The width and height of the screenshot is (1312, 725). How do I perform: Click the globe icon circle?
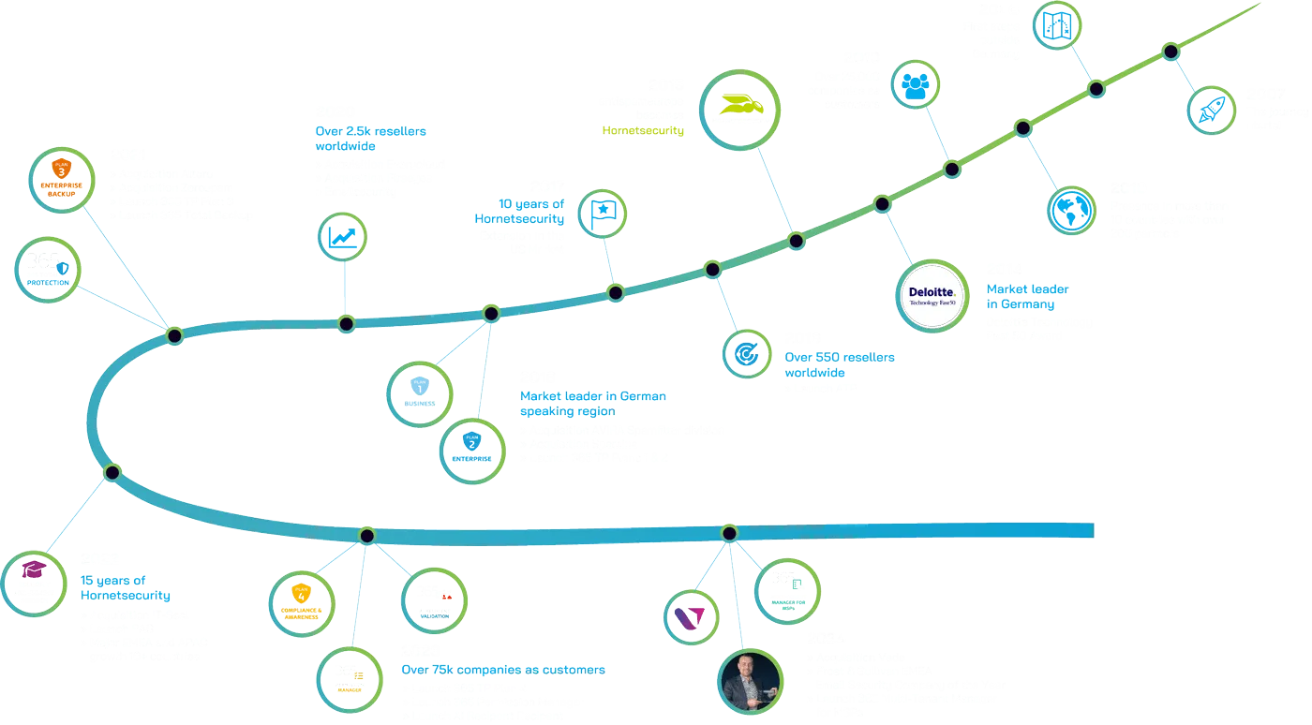tap(1070, 210)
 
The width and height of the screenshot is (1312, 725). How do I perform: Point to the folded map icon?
tap(1059, 25)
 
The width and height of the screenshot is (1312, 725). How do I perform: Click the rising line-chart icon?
tap(343, 235)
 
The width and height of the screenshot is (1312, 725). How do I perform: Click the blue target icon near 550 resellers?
tap(747, 353)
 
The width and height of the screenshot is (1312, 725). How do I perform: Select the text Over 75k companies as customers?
tap(503, 670)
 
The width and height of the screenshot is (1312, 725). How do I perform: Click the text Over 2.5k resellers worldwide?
tap(371, 140)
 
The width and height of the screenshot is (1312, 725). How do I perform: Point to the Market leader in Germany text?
tap(1027, 297)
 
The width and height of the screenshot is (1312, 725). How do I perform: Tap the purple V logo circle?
tap(691, 614)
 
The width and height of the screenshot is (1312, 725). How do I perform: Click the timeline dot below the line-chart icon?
tap(346, 324)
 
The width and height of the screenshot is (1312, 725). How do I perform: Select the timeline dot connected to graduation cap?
tap(112, 471)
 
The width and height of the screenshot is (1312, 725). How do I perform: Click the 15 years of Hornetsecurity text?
tap(125, 588)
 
